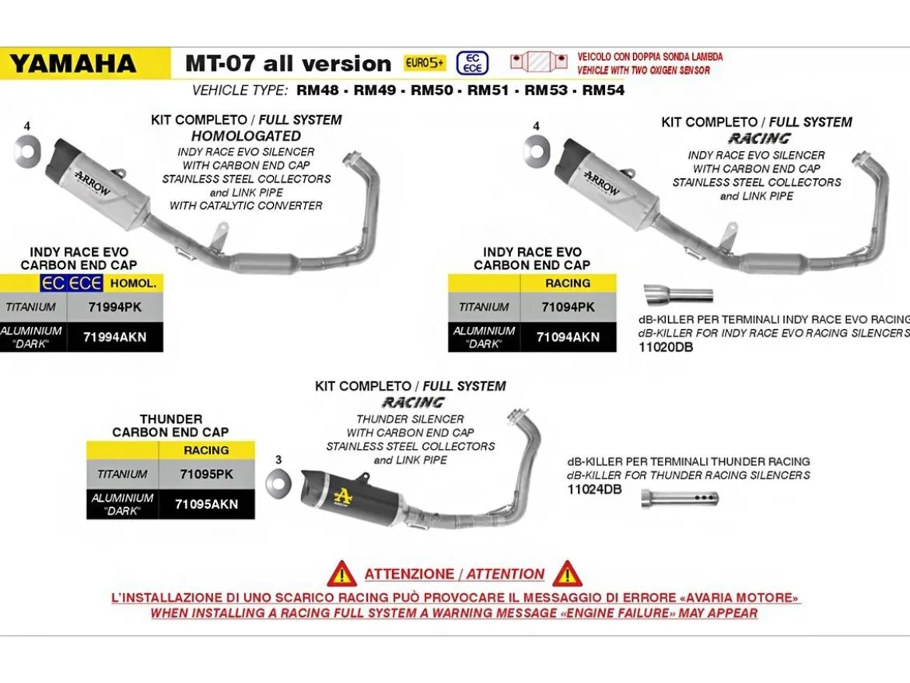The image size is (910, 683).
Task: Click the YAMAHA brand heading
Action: coord(72,64)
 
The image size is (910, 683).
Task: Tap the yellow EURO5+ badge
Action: coord(425,63)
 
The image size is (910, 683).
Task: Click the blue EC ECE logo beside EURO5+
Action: coord(472,63)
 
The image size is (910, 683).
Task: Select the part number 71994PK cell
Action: coord(115,307)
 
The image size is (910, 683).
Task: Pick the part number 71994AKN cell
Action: coord(115,337)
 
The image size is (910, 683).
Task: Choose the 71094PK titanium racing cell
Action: coord(569,307)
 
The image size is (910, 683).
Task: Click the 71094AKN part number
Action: coord(569,337)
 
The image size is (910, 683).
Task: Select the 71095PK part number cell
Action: coord(207,474)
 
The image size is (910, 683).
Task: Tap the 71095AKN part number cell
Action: coord(207,504)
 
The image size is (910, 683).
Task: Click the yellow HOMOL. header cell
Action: coord(133,284)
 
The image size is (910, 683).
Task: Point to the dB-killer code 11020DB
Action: coord(666,347)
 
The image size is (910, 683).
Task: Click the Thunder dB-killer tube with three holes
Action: coord(680,499)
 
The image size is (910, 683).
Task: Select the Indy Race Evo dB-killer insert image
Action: coord(678,293)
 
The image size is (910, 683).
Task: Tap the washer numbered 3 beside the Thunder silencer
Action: coord(278,482)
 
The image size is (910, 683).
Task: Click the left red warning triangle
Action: coord(341,574)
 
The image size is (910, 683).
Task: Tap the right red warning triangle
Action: coord(567,574)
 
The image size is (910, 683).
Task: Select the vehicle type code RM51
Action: coord(488,90)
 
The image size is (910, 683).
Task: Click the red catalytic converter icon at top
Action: coord(538,61)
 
